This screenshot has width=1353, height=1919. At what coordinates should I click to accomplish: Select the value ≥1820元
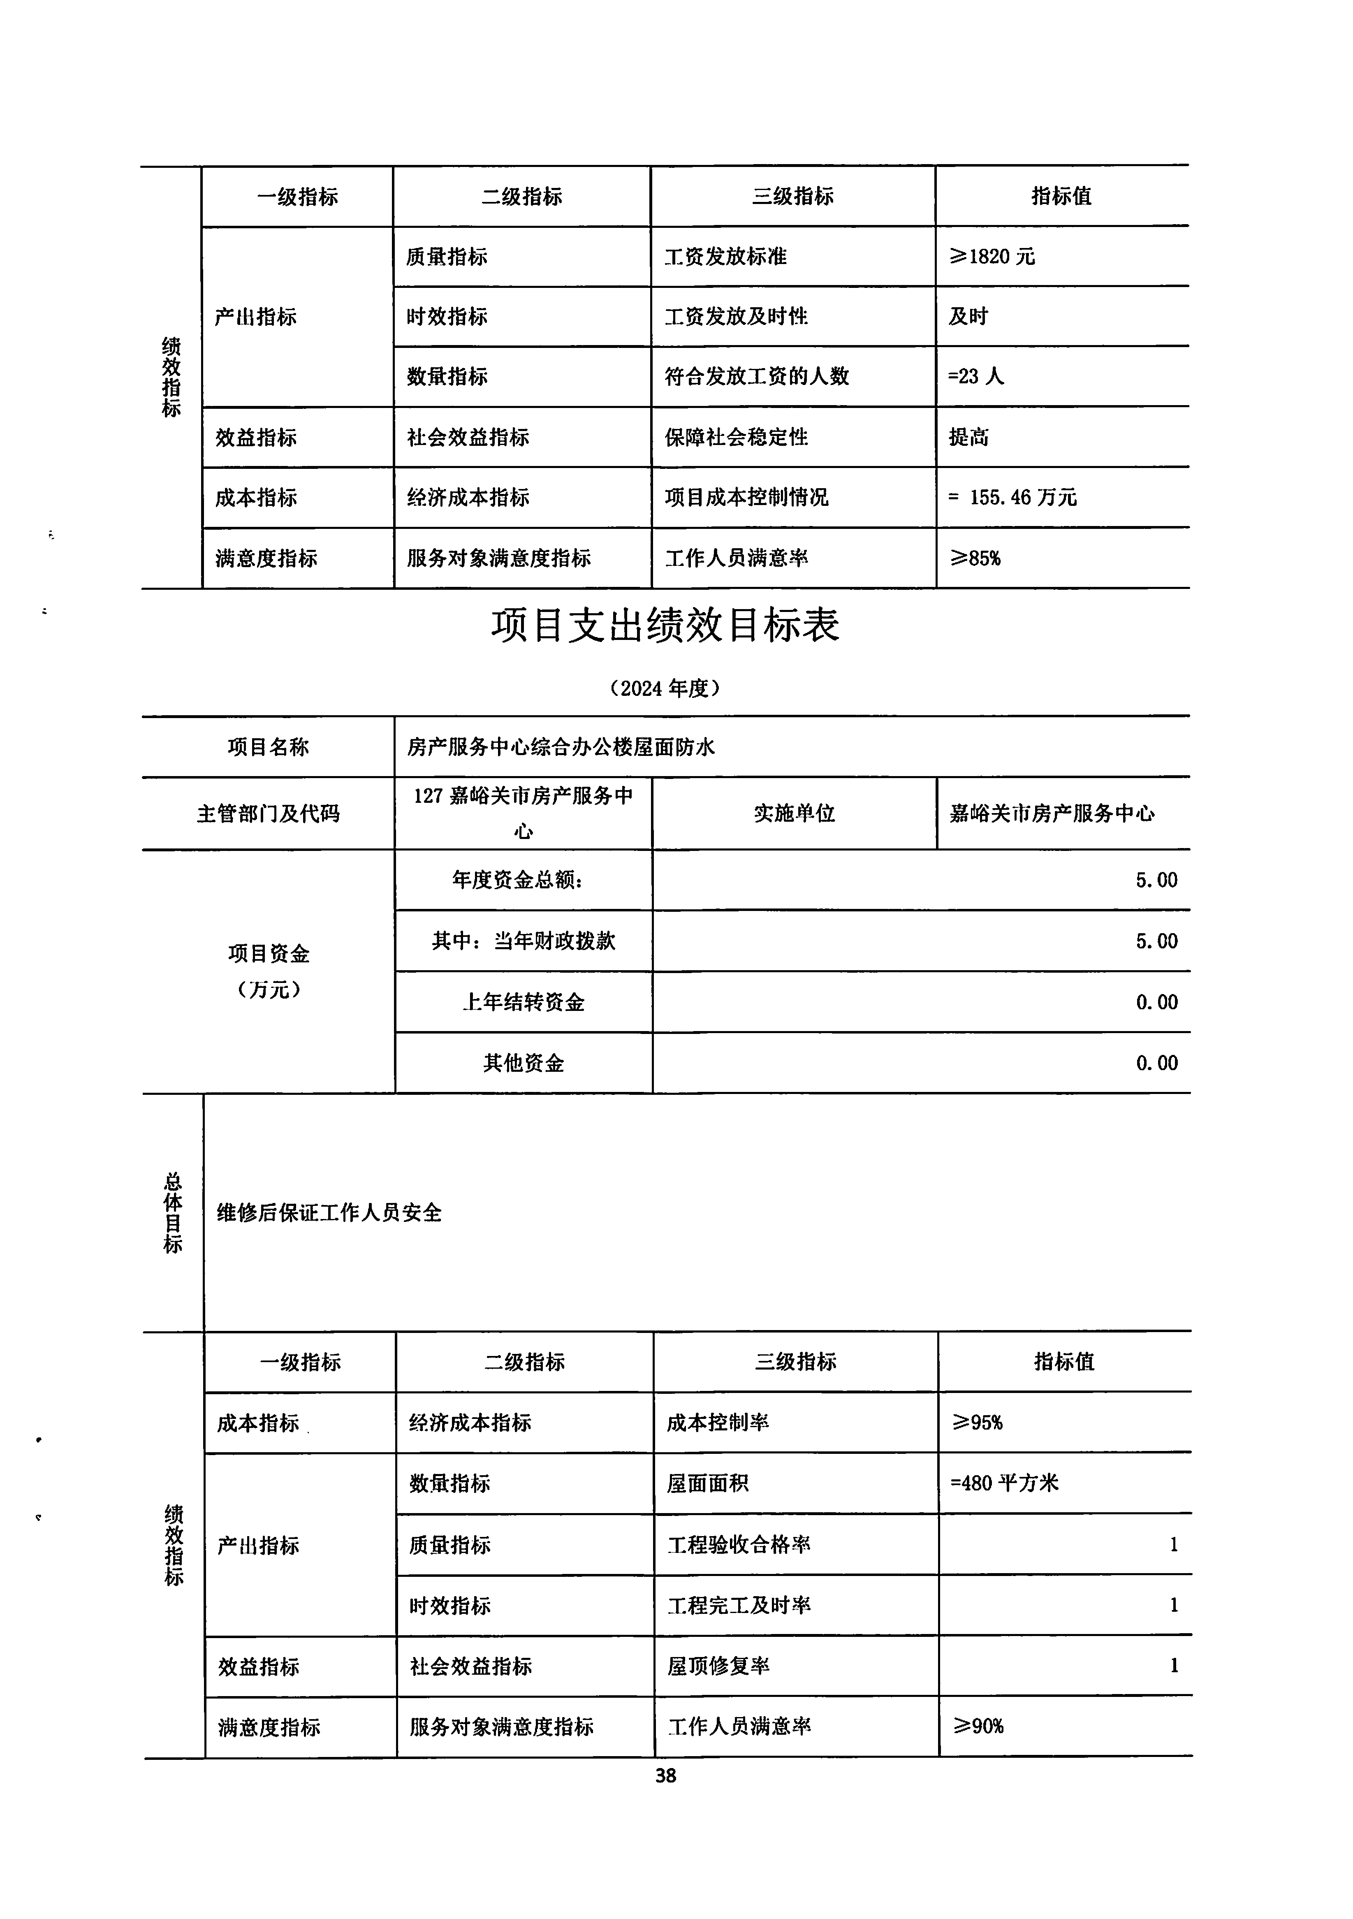[992, 257]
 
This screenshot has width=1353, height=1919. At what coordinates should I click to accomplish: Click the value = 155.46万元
[1013, 497]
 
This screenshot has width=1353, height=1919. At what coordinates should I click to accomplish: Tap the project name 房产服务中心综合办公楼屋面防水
[561, 746]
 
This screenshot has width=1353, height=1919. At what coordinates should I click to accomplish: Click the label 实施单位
[794, 813]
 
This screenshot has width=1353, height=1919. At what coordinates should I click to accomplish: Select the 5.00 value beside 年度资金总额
[1156, 880]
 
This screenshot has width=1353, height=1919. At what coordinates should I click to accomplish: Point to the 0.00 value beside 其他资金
[1156, 1063]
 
